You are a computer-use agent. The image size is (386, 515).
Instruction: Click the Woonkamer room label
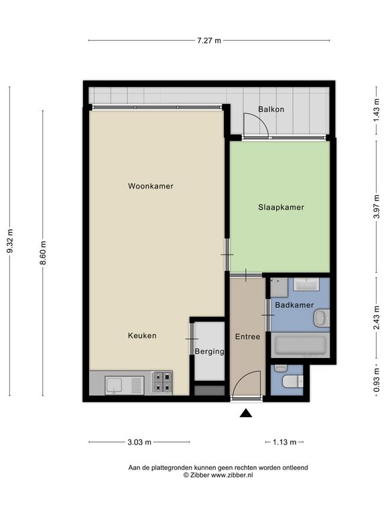coord(151,186)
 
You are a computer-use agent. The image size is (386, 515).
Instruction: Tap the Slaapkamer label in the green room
coord(281,207)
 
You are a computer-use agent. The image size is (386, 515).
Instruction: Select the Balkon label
coord(271,109)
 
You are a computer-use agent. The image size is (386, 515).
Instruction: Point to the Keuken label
coord(142,336)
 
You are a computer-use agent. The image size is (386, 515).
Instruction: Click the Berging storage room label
coord(209,351)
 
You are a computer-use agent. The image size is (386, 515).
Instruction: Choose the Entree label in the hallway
coord(247,337)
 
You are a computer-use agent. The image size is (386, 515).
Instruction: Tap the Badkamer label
coord(294,305)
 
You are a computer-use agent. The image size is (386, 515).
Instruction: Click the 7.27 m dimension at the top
coord(209,41)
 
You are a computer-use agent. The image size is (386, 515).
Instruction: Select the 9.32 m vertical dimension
coord(10,241)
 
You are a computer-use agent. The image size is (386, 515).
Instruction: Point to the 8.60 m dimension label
coord(43,253)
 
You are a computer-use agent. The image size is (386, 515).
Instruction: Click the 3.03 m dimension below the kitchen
coord(139,442)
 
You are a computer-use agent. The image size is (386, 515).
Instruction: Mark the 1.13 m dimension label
coord(285,442)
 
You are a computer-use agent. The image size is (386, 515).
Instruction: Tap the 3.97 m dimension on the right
coord(377,207)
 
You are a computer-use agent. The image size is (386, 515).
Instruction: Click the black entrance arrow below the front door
coord(246,413)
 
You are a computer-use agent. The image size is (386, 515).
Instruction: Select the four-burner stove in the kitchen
coord(162,382)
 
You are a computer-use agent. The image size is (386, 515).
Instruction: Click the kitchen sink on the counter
coord(125,386)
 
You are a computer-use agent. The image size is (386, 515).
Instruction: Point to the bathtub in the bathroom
coord(300,345)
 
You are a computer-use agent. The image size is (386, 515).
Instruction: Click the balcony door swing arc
coord(260,121)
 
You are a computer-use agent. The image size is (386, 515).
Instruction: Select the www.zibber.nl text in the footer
coord(232,475)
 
